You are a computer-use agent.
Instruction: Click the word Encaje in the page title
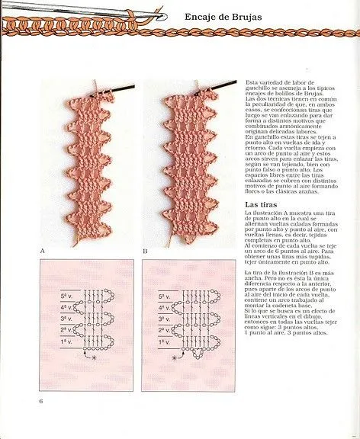coord(207,16)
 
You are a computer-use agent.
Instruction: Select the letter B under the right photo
coord(146,250)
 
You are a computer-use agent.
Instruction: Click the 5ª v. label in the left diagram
coord(68,294)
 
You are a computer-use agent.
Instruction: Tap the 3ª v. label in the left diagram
coord(68,319)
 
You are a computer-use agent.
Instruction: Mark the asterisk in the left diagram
coord(94,357)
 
